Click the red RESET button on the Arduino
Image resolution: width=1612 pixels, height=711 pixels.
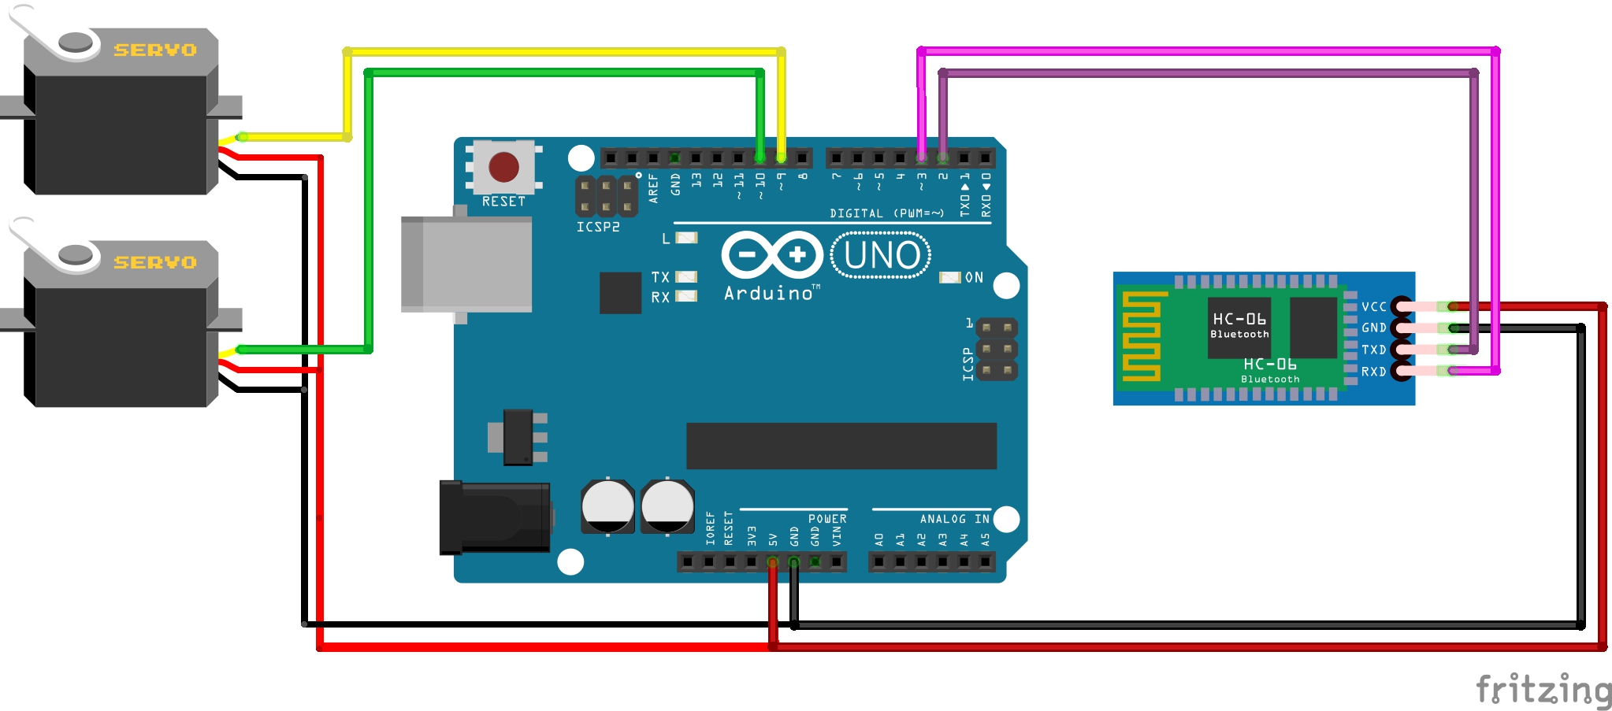[503, 167]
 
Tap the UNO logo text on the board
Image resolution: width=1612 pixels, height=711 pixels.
[882, 255]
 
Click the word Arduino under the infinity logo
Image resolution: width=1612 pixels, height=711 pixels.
[768, 294]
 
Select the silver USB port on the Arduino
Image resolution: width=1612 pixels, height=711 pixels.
[466, 265]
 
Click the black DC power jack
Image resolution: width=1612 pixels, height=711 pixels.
[495, 517]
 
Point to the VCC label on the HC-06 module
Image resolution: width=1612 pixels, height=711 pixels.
[1373, 307]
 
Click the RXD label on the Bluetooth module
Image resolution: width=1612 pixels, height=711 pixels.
[1373, 372]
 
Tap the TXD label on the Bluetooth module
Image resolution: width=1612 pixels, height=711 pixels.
[1373, 350]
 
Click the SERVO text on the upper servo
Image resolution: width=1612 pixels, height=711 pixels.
[155, 50]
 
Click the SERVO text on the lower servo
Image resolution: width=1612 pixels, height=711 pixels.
[155, 262]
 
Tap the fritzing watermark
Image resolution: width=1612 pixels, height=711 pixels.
[1543, 690]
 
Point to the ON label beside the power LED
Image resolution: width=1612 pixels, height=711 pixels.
[974, 278]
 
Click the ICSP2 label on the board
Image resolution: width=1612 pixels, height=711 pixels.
[598, 228]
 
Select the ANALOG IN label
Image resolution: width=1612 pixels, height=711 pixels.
[954, 519]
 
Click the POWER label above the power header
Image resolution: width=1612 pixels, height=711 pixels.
[827, 519]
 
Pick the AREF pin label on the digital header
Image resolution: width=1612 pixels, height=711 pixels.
[653, 189]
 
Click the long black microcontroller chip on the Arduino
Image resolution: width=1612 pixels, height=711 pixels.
[841, 446]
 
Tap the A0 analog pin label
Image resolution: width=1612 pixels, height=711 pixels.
[879, 539]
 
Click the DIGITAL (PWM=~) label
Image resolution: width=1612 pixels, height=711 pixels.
[886, 213]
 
